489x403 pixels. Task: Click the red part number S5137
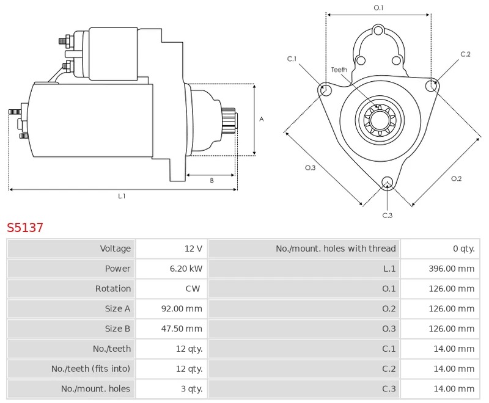[25, 228]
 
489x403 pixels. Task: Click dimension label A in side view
[262, 119]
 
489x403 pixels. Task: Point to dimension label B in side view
[211, 180]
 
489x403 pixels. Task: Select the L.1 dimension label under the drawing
[122, 196]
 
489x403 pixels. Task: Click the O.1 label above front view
[378, 7]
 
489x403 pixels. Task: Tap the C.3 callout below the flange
[387, 215]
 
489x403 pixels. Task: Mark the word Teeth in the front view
[339, 70]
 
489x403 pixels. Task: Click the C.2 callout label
[465, 54]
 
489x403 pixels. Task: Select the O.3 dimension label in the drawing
[310, 168]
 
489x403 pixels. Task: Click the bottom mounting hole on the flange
[386, 182]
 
